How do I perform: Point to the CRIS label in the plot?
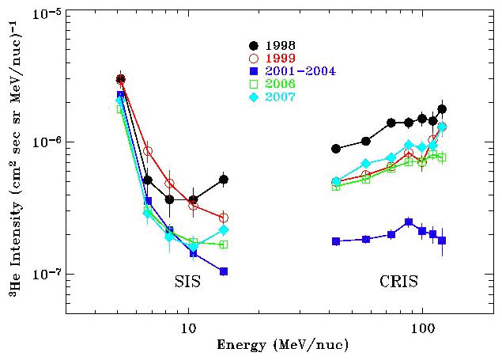(x=397, y=282)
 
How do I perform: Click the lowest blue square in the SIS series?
(x=224, y=271)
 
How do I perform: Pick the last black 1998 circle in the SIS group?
(x=224, y=180)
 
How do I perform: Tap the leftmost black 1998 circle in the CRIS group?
(x=336, y=149)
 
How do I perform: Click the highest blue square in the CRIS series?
(x=409, y=222)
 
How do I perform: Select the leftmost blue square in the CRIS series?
(x=336, y=241)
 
